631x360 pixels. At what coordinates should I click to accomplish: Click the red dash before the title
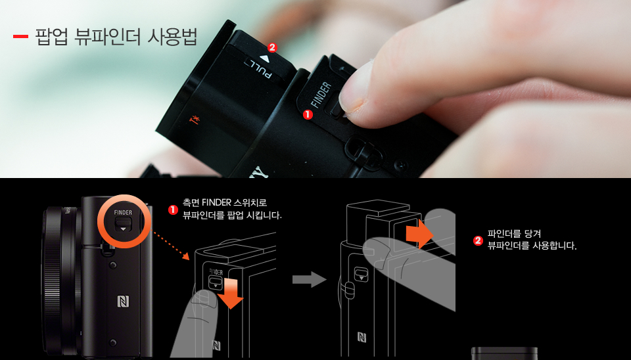tap(20, 36)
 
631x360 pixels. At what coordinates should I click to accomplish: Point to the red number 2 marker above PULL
tap(272, 47)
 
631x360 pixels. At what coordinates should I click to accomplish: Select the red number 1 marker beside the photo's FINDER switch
tap(307, 114)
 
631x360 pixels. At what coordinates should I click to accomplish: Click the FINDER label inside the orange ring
tap(123, 213)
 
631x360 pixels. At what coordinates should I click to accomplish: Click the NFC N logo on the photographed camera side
tap(123, 302)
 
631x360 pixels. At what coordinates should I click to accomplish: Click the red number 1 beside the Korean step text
tap(173, 210)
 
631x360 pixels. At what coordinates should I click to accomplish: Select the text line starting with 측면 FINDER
tap(225, 202)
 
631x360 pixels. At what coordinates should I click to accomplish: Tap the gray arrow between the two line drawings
tap(309, 279)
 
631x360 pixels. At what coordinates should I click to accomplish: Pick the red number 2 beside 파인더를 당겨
tap(478, 240)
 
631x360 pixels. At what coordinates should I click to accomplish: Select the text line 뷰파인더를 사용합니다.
tap(532, 246)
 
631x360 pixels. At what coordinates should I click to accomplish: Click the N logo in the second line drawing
tap(362, 337)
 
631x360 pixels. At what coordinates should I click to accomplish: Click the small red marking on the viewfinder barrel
tap(194, 120)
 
